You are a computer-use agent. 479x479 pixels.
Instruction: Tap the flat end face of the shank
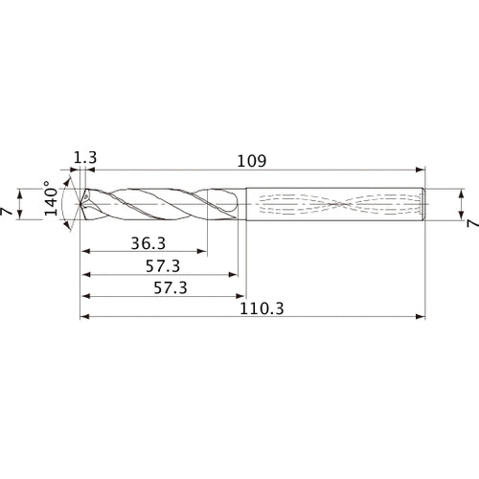coord(422,202)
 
